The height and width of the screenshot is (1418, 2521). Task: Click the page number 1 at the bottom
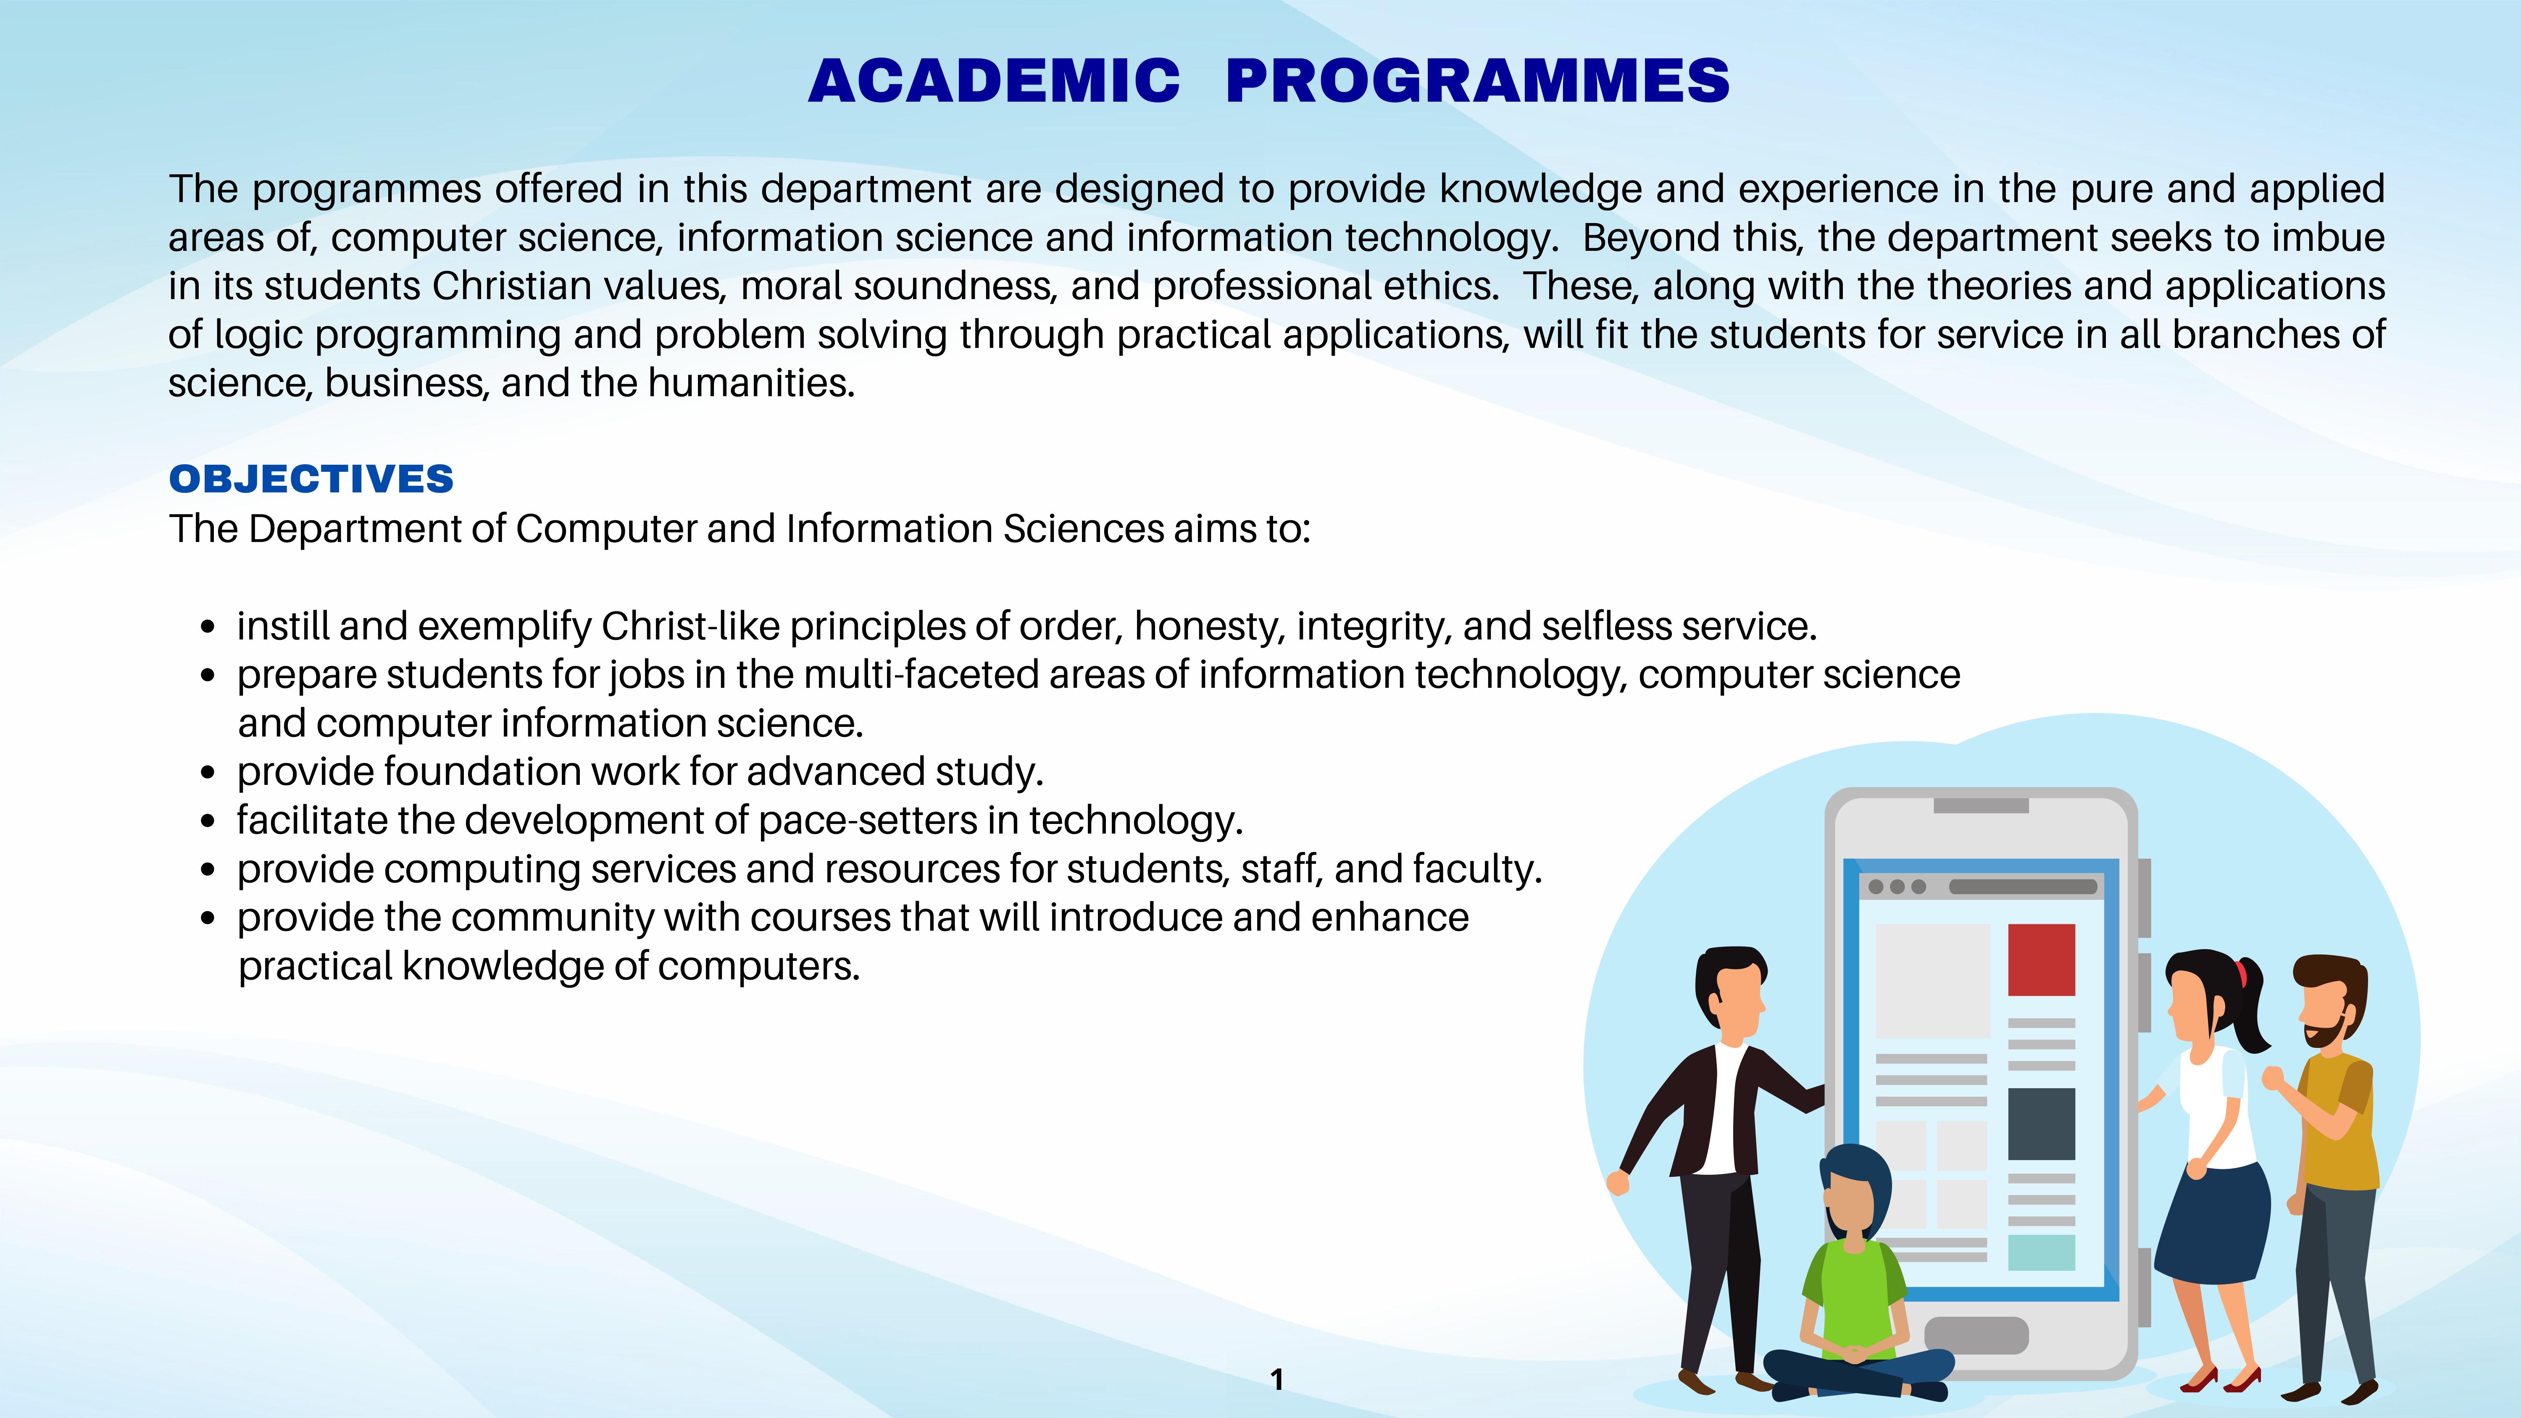tap(1276, 1379)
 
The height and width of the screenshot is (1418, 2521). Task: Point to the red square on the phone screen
tap(2042, 959)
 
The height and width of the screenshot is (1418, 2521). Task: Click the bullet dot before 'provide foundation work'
tap(208, 772)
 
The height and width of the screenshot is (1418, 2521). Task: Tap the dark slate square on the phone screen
tap(2042, 1123)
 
